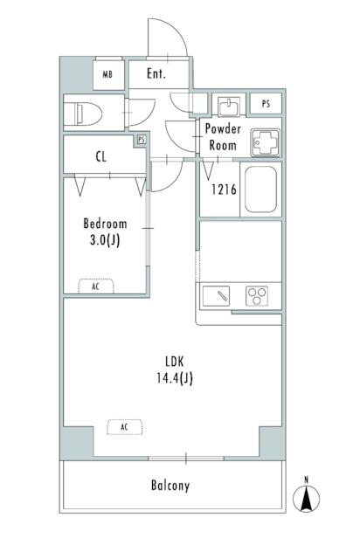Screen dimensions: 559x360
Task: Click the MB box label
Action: click(108, 75)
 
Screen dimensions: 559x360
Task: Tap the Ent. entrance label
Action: click(156, 74)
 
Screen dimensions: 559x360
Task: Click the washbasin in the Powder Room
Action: click(229, 107)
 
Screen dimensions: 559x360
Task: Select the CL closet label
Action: click(102, 158)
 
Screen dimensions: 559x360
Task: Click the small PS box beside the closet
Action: click(142, 140)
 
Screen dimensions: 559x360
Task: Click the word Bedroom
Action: click(105, 223)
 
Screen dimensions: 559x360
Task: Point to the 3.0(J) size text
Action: click(105, 241)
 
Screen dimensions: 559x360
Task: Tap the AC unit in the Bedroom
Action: click(95, 286)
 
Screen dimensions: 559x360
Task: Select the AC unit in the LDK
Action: click(124, 426)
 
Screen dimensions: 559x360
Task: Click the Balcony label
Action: click(170, 486)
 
